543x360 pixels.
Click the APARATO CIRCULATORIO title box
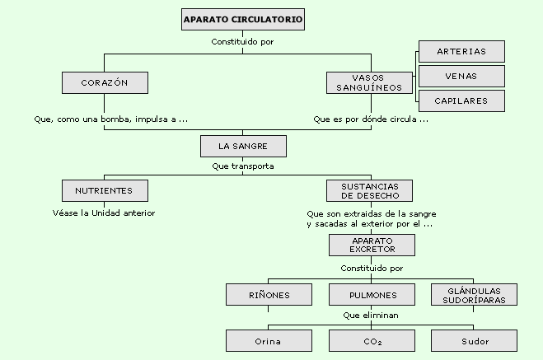click(x=243, y=20)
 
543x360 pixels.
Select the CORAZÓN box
click(x=105, y=82)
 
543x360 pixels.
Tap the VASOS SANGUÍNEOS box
click(x=369, y=82)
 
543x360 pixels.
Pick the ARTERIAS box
click(x=461, y=52)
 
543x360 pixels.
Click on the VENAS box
click(x=461, y=76)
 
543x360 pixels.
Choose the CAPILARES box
click(x=461, y=101)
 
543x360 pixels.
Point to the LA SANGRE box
click(x=243, y=146)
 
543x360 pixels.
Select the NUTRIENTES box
click(x=105, y=191)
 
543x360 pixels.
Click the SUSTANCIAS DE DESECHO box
click(x=369, y=191)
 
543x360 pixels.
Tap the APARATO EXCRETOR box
click(x=372, y=245)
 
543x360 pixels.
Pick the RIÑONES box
click(x=269, y=295)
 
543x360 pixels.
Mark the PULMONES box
click(x=372, y=295)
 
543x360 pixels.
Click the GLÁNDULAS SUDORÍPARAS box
click(x=474, y=295)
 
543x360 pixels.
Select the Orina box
click(x=269, y=341)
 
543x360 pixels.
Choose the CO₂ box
click(x=372, y=341)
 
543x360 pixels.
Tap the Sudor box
click(x=474, y=341)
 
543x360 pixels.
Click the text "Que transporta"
click(x=243, y=166)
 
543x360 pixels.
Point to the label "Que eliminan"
click(x=371, y=316)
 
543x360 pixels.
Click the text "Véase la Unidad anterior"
click(x=104, y=213)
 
